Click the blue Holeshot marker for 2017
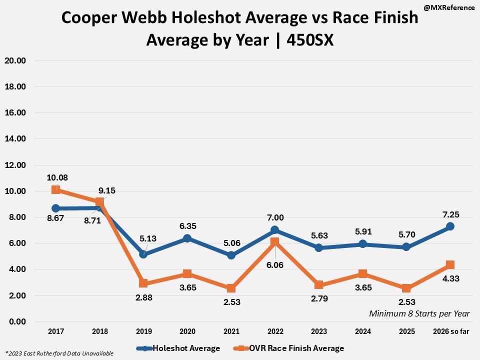[56, 208]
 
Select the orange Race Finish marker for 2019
[143, 283]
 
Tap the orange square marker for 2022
[274, 242]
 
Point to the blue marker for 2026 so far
[449, 226]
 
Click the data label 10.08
[57, 177]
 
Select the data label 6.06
[275, 265]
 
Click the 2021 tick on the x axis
[231, 331]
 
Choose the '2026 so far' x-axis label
[450, 331]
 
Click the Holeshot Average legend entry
[180, 348]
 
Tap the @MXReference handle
[449, 8]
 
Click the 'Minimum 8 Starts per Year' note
[419, 313]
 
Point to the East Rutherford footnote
[59, 353]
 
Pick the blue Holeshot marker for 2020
[187, 238]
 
